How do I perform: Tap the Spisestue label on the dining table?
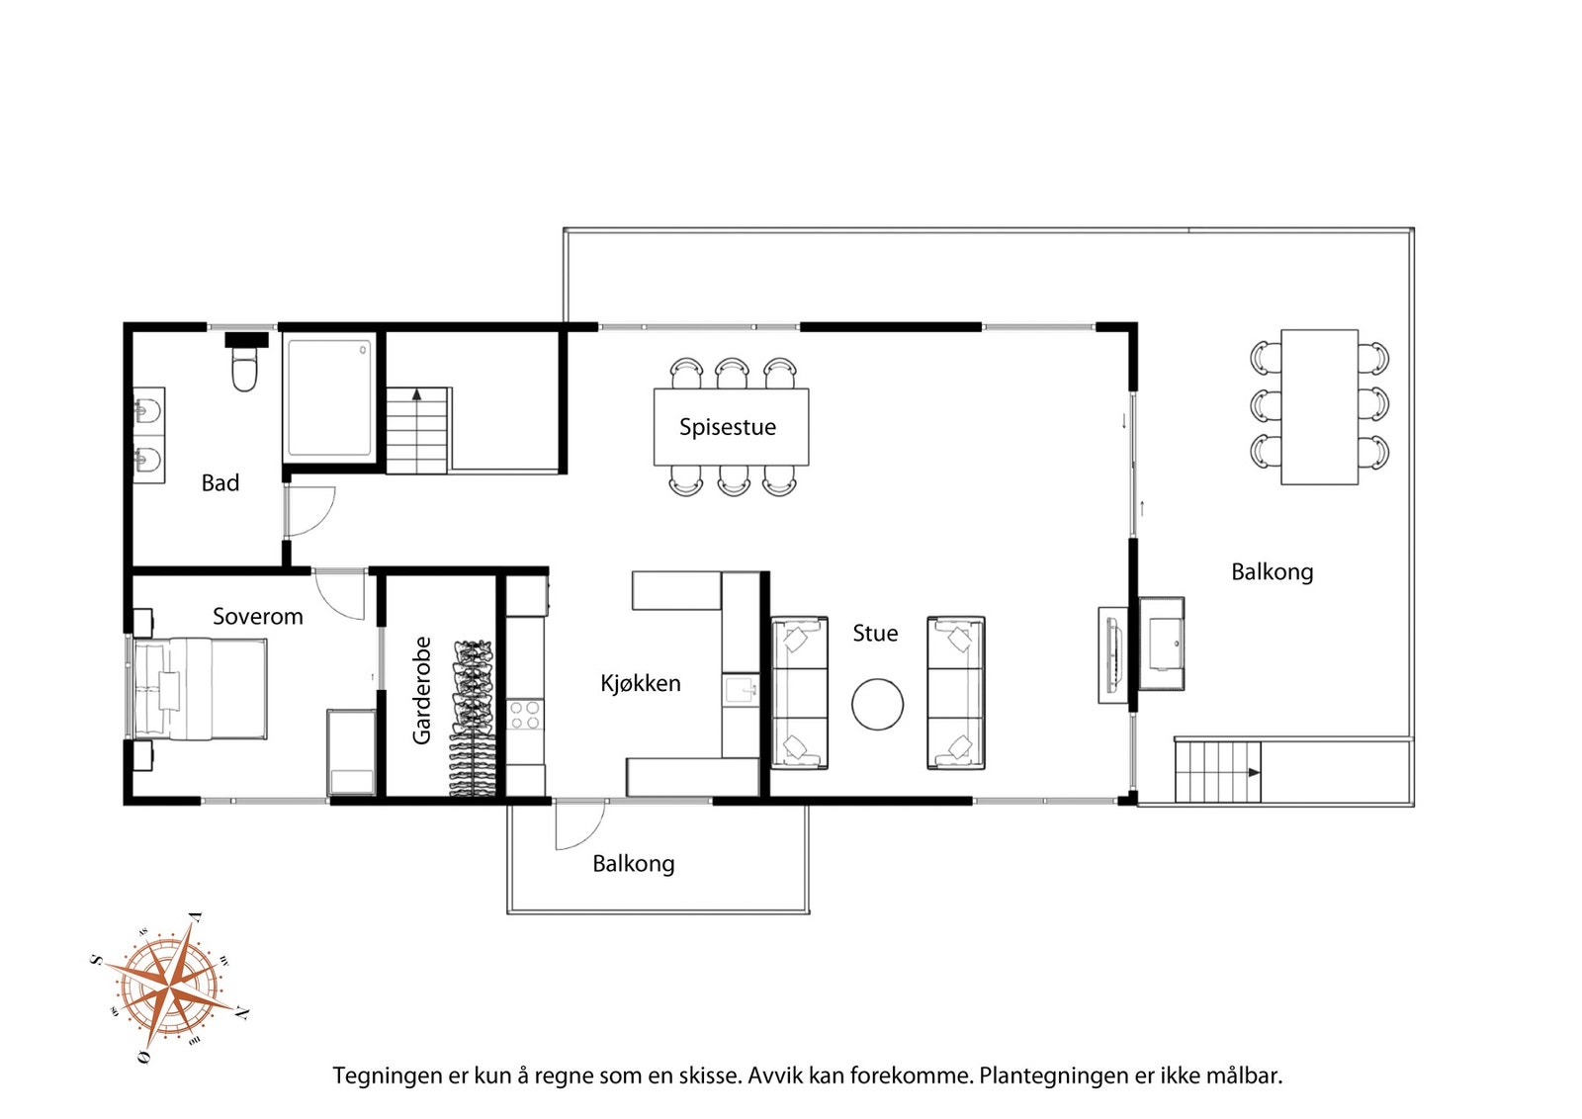[728, 427]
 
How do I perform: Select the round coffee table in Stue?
[877, 704]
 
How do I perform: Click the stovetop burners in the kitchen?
[525, 714]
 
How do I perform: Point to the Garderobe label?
[421, 690]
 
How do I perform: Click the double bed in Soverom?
[201, 689]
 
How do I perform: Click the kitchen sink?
[741, 690]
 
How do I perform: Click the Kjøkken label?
[641, 683]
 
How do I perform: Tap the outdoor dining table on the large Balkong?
[1319, 406]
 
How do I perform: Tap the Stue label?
[875, 634]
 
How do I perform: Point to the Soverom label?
[258, 616]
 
